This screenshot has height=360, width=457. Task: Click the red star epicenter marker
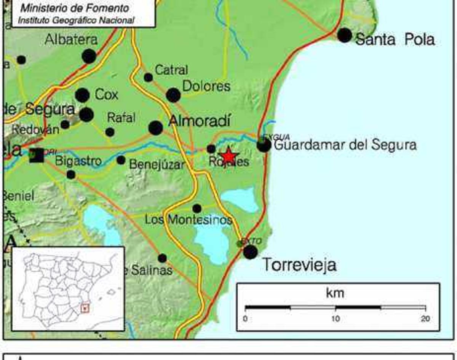(x=228, y=156)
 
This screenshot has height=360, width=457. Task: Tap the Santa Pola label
(x=395, y=39)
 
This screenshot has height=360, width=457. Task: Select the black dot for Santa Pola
(x=345, y=35)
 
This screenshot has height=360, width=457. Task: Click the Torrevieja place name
(x=299, y=265)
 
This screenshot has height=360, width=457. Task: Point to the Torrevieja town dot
(x=250, y=252)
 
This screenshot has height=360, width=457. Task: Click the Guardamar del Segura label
(x=345, y=145)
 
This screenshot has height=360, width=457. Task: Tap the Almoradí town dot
(x=155, y=128)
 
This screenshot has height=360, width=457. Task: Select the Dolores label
(x=206, y=86)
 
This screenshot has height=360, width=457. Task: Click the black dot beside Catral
(x=149, y=78)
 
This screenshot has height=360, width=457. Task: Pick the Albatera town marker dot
(x=89, y=56)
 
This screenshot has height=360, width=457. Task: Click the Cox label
(x=106, y=94)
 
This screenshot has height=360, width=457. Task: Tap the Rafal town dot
(x=110, y=132)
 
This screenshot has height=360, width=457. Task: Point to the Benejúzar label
(x=157, y=164)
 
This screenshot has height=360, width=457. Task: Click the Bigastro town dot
(x=71, y=175)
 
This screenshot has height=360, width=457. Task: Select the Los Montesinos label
(x=189, y=220)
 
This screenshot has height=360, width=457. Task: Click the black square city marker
(x=37, y=155)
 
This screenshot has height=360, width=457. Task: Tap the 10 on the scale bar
(x=335, y=319)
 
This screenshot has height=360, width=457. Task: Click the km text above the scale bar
(x=335, y=293)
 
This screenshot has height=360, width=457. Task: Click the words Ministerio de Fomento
(x=75, y=8)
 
